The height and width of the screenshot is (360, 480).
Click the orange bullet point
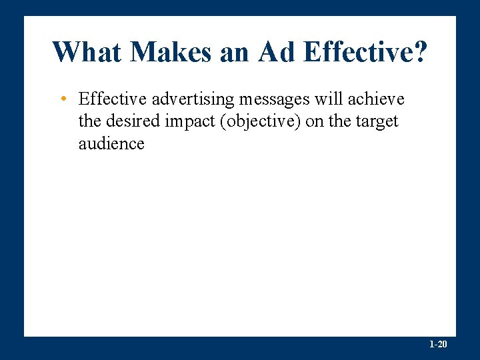coord(61,100)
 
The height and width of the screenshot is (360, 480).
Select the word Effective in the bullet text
coord(113,99)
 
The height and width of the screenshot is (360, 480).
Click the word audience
coord(111,143)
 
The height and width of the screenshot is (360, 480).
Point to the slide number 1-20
coord(438,345)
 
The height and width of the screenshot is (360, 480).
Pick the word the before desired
coord(89,121)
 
